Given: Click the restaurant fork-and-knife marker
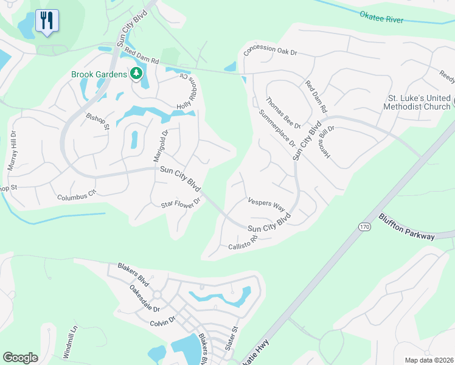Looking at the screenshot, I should coord(46,21).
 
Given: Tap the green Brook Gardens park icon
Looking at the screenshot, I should coord(136,74).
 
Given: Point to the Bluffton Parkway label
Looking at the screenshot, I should coord(407,227).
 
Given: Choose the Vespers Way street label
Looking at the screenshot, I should coord(266,203).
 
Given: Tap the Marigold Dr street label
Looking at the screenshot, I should coord(160,145).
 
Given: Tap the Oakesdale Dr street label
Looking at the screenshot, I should coord(144,299).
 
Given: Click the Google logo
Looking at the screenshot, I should coord(20,358).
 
